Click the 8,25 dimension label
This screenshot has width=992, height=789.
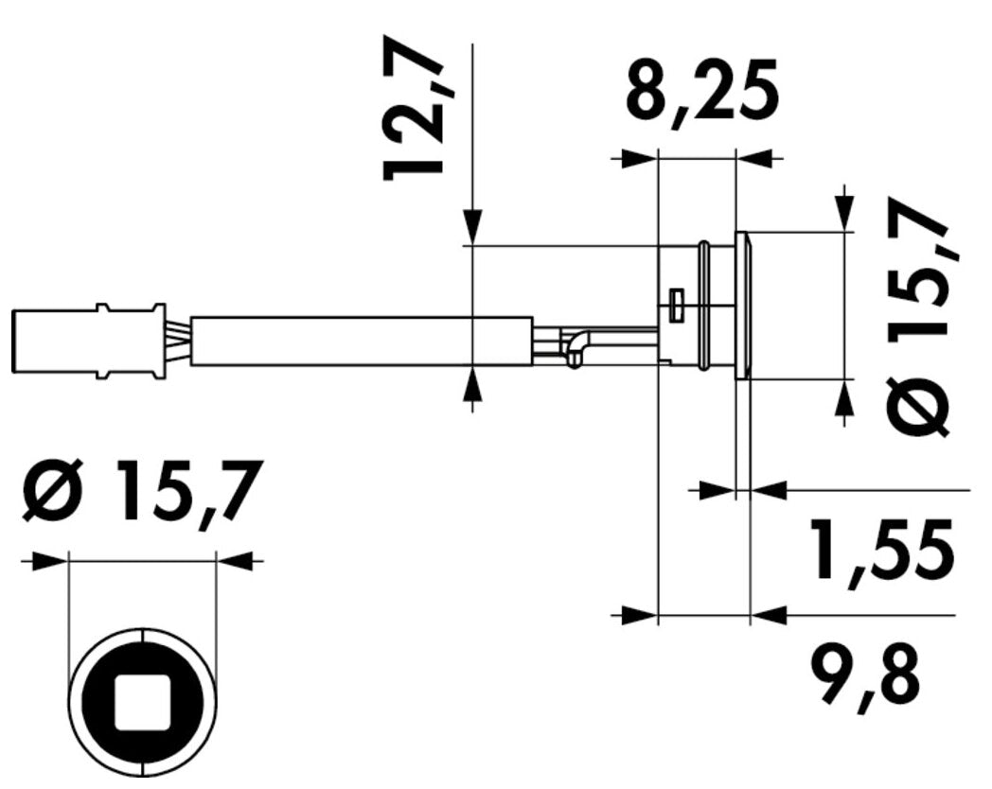[701, 92]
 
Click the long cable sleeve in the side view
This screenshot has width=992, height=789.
[360, 341]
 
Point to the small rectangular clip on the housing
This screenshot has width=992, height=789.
[675, 306]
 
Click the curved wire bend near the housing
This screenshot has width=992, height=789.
[576, 346]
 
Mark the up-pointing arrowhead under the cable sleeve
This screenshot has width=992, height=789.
[472, 385]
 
